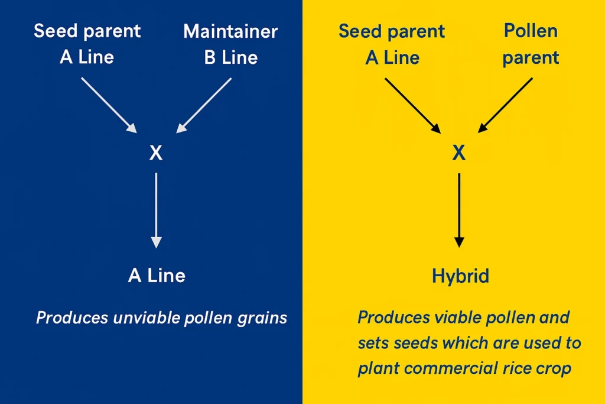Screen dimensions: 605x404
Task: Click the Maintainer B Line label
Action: click(x=231, y=44)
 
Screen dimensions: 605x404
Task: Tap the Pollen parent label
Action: click(x=531, y=44)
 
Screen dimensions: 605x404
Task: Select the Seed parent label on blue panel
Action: click(x=87, y=44)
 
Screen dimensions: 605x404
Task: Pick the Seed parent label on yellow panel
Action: click(x=392, y=44)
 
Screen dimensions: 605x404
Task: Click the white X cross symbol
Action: click(x=156, y=153)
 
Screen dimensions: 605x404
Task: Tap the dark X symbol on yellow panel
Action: click(x=458, y=153)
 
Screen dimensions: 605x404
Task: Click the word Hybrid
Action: click(x=460, y=276)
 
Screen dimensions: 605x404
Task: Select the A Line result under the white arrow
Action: click(x=157, y=276)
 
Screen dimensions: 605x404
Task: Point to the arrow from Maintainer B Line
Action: click(x=204, y=105)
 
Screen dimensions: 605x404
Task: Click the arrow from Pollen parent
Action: click(x=505, y=105)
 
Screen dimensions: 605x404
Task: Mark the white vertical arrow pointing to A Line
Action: click(x=156, y=210)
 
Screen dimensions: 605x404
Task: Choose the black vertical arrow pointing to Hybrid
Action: click(x=459, y=210)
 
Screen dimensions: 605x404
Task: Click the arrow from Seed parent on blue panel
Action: click(x=109, y=105)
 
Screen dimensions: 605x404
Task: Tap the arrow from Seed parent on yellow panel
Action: click(x=412, y=105)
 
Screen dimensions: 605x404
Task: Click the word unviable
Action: click(x=147, y=318)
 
